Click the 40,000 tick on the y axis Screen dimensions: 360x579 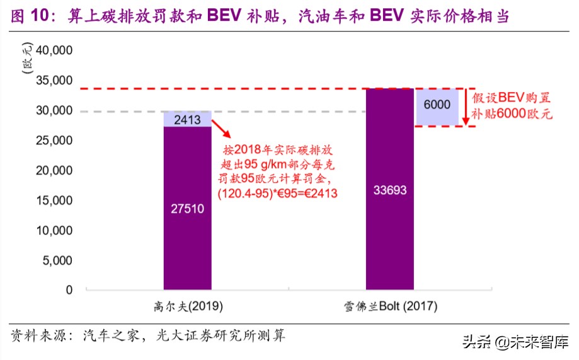pos(55,51)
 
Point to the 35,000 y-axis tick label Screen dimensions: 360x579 pos(55,81)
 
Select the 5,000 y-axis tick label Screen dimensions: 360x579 pos(58,260)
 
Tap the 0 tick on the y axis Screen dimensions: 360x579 pos(69,290)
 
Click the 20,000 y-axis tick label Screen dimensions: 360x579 pos(55,171)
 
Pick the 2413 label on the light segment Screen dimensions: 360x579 pos(187,119)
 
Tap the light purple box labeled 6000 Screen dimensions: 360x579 pos(437,106)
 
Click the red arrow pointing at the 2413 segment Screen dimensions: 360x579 pos(221,129)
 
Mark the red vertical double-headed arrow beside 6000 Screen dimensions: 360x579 pos(467,107)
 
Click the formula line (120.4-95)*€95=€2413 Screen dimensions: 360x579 pos(278,195)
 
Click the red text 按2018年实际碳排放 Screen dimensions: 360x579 pos(278,151)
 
